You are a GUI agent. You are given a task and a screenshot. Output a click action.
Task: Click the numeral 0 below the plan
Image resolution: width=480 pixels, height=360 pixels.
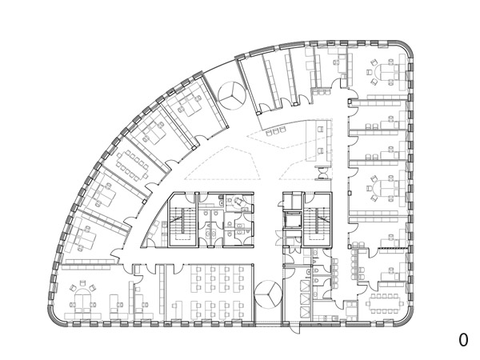[463, 340]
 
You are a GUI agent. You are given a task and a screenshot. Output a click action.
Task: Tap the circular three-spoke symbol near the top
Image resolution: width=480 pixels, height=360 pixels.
[233, 95]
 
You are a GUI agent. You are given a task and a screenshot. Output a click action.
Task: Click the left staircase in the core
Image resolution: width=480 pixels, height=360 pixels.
[182, 221]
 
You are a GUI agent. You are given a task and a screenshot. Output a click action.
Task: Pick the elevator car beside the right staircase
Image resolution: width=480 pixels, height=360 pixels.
[292, 220]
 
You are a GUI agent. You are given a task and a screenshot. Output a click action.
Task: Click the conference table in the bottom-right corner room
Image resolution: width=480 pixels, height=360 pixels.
[384, 303]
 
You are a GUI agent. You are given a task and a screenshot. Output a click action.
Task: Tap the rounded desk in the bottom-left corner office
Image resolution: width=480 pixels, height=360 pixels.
[83, 299]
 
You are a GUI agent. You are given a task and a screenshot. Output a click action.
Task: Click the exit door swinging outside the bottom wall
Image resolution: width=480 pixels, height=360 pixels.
[294, 328]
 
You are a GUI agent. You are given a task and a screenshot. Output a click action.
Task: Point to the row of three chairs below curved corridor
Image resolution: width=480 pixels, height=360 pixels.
[275, 131]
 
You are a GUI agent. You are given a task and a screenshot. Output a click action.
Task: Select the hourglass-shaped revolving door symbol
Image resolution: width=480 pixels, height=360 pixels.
[323, 173]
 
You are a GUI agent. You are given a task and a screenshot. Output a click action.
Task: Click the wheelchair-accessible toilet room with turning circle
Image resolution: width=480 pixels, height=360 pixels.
[239, 202]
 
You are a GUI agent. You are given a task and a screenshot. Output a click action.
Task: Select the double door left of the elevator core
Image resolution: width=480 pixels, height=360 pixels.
[279, 238]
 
